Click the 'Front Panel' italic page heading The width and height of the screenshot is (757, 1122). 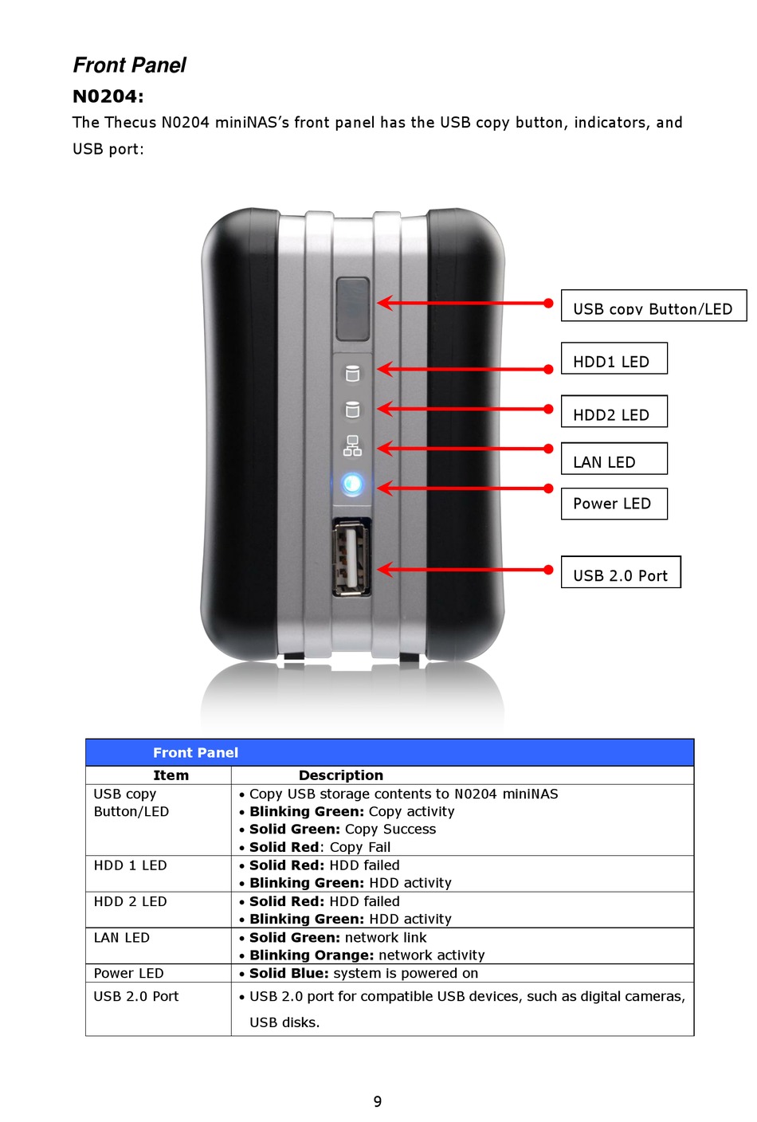click(x=129, y=65)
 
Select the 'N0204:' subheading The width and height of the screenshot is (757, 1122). click(x=108, y=96)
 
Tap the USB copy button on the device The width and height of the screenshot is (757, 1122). click(x=352, y=308)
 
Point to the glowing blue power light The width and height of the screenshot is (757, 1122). click(x=352, y=484)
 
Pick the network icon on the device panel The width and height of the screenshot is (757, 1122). click(x=352, y=446)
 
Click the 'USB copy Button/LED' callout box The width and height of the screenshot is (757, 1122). click(x=653, y=306)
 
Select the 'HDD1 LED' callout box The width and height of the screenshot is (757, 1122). click(x=614, y=359)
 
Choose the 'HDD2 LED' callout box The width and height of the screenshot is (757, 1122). click(x=614, y=412)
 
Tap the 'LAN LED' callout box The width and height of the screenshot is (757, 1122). click(x=614, y=459)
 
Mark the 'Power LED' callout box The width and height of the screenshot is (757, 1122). click(x=614, y=504)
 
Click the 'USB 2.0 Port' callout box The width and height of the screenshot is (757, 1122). click(x=621, y=572)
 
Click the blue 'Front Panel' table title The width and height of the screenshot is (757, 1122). click(x=195, y=752)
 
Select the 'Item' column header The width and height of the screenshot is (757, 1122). click(x=171, y=775)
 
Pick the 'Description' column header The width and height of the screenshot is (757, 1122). click(x=341, y=775)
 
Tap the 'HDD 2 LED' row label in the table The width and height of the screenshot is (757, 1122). click(x=130, y=901)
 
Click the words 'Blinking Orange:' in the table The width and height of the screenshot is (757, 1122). click(x=312, y=955)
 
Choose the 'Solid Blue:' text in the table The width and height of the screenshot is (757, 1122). click(x=288, y=973)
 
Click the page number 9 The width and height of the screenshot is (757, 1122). click(x=378, y=1101)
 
